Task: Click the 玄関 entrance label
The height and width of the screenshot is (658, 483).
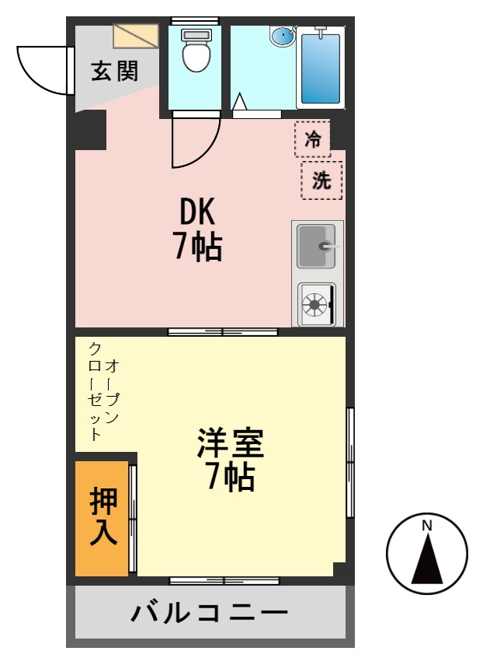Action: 114,72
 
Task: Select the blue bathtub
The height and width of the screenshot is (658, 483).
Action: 320,67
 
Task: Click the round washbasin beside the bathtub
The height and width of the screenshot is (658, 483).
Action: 283,36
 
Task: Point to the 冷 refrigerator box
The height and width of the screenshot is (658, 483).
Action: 312,140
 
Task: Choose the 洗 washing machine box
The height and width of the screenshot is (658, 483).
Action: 321,180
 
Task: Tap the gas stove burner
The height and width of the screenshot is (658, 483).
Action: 315,304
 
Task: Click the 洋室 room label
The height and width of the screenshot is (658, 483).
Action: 230,444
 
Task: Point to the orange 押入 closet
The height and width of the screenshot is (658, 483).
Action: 103,517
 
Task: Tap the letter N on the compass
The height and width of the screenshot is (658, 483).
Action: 426,526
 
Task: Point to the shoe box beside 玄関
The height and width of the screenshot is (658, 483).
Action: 135,36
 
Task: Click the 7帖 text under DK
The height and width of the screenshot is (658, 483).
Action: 197,247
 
